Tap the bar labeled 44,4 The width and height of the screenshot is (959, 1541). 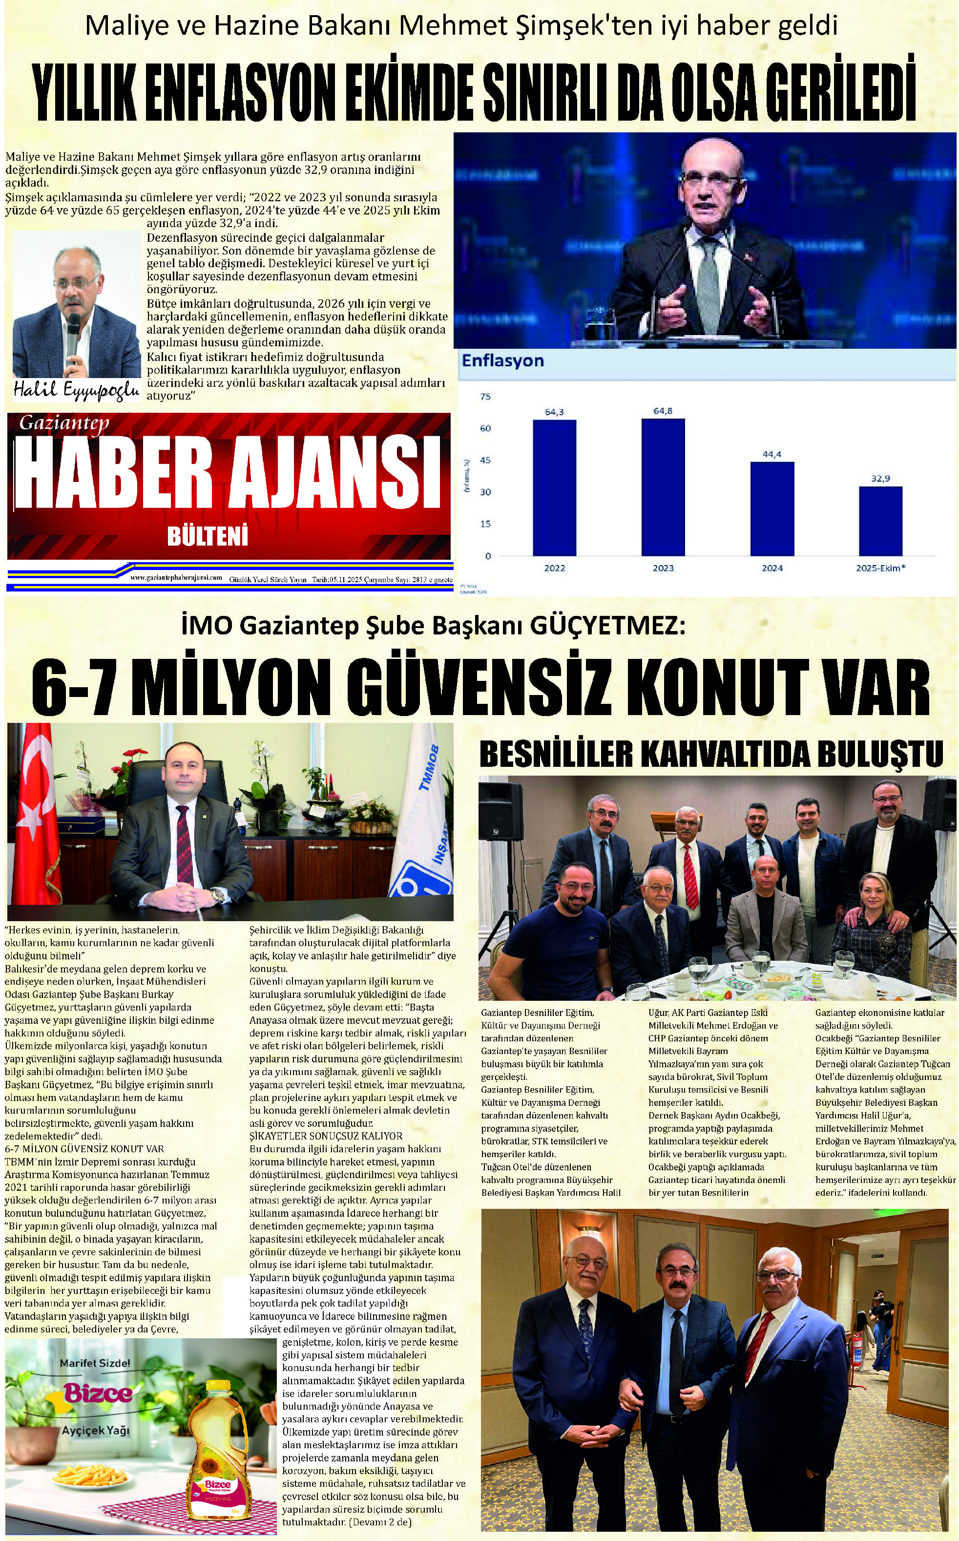coord(772,508)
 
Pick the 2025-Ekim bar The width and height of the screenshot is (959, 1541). coord(880,520)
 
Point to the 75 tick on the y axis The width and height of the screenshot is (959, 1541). coord(485,397)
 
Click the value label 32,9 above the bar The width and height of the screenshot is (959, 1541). coord(880,478)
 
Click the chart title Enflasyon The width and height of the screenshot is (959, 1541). coord(502,361)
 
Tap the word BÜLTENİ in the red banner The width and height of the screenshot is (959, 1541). coord(208,537)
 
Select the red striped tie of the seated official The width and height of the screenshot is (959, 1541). coord(185,844)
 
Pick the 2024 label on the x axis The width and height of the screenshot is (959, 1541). coord(772,568)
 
